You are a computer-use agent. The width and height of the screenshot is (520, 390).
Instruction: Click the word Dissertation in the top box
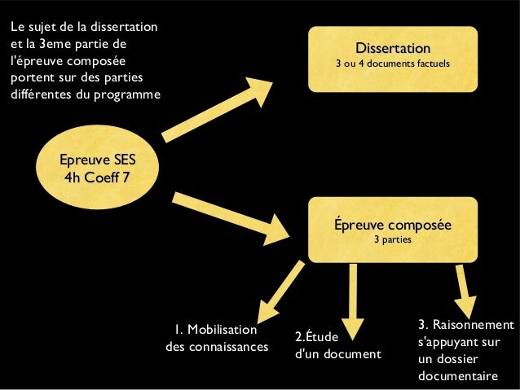click(x=392, y=49)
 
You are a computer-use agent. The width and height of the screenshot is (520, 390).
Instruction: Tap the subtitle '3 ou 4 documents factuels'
click(x=392, y=64)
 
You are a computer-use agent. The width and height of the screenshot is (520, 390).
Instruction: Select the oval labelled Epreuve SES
click(x=95, y=167)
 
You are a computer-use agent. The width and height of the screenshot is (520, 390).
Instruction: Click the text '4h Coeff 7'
click(x=95, y=176)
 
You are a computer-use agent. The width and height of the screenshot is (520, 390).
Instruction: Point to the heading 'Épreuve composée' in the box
click(x=392, y=226)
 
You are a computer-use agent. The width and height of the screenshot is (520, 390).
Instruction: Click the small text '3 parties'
click(x=392, y=241)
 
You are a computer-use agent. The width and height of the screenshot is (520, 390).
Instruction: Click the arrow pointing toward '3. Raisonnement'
click(x=464, y=284)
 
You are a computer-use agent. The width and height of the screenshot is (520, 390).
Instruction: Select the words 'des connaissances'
click(x=217, y=348)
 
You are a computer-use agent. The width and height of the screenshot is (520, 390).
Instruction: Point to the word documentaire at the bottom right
click(x=457, y=376)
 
